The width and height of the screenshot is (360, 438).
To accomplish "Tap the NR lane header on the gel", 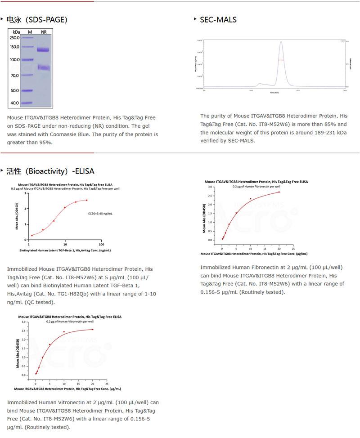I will (44, 32).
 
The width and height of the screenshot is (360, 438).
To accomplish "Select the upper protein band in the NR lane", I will (43, 50).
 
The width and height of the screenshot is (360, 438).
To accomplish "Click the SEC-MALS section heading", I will (218, 19).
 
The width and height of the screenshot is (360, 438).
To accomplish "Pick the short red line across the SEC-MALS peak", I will (281, 60).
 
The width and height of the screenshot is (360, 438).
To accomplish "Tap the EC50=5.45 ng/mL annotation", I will (100, 214).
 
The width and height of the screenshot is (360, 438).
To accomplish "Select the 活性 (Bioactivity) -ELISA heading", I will (50, 171).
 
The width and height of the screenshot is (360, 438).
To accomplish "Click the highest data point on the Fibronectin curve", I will (279, 192).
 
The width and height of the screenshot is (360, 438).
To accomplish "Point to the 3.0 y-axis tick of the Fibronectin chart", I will (209, 187).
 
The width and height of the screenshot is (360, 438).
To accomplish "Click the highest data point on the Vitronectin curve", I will (93, 329).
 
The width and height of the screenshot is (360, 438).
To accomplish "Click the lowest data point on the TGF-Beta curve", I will (32, 235).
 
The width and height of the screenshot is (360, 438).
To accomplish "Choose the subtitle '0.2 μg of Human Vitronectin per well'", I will (70, 322).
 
